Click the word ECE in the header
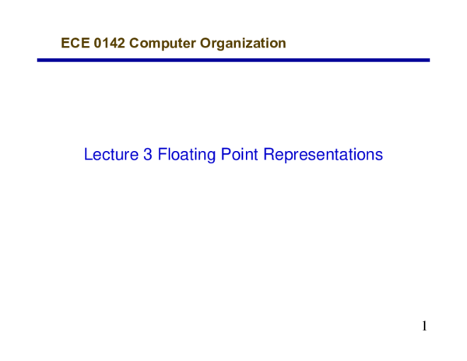coord(74,44)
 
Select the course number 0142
coord(108,44)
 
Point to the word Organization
coord(243,44)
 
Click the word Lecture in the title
coord(111,155)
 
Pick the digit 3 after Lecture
coord(148,155)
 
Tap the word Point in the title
coord(239,155)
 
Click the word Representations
coord(323,155)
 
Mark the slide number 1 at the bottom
coord(425,326)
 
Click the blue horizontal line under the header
coord(233,60)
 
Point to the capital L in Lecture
coord(88,155)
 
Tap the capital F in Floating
coord(162,155)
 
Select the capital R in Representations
coord(269,155)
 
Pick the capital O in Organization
coord(205,44)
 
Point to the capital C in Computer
coord(135,44)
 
